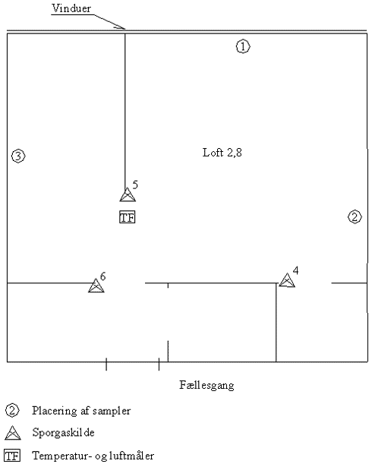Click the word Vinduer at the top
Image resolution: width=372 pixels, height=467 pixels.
71,8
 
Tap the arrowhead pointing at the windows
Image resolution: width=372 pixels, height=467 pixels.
121,27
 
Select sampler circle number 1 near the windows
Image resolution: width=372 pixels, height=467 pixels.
243,47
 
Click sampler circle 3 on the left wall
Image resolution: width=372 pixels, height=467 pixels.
18,156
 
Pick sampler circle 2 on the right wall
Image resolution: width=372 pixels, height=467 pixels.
355,217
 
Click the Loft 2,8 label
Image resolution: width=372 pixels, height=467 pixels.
222,153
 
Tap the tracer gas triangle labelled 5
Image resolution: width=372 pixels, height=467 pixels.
128,194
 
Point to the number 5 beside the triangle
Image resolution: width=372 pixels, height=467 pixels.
135,185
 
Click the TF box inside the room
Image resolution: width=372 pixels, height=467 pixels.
128,217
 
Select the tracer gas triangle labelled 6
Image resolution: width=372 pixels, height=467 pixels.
96,286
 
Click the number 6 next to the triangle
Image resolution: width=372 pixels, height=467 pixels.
103,276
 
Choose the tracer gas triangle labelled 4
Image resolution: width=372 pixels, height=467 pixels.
287,280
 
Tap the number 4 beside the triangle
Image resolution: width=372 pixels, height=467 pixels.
295,270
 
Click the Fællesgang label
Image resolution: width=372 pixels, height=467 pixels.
206,385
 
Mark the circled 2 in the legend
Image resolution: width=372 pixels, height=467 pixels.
12,411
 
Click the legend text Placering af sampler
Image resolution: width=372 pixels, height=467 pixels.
81,411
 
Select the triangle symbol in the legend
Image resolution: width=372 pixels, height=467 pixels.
13,433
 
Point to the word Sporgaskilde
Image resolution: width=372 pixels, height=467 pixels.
64,433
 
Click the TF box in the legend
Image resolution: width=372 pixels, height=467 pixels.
12,456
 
